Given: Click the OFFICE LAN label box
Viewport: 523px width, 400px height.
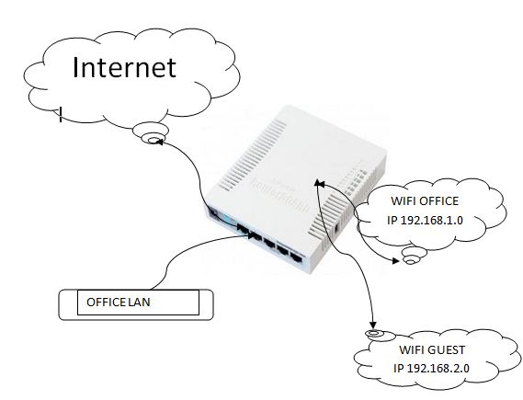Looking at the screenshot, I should [x=137, y=302].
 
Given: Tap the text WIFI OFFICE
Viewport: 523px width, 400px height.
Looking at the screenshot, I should [x=424, y=200].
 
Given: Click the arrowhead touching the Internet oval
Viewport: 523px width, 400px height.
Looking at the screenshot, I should [x=158, y=143].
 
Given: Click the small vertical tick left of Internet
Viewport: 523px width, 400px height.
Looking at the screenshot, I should [x=60, y=115].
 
